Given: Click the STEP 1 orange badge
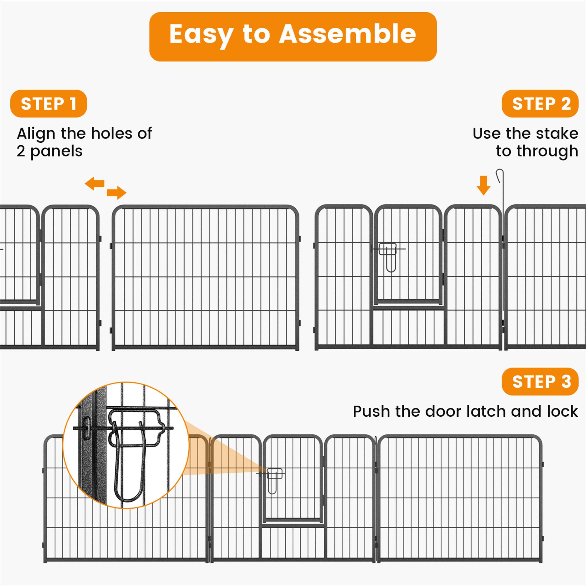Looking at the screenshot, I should pyautogui.click(x=49, y=104).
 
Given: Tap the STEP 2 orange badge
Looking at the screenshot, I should pyautogui.click(x=540, y=104).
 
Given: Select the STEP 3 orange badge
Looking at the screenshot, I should pyautogui.click(x=540, y=381).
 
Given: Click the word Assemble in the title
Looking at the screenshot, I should pyautogui.click(x=347, y=34).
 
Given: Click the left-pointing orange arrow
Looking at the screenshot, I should pyautogui.click(x=94, y=183).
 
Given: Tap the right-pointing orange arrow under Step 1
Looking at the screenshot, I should pyautogui.click(x=117, y=193).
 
